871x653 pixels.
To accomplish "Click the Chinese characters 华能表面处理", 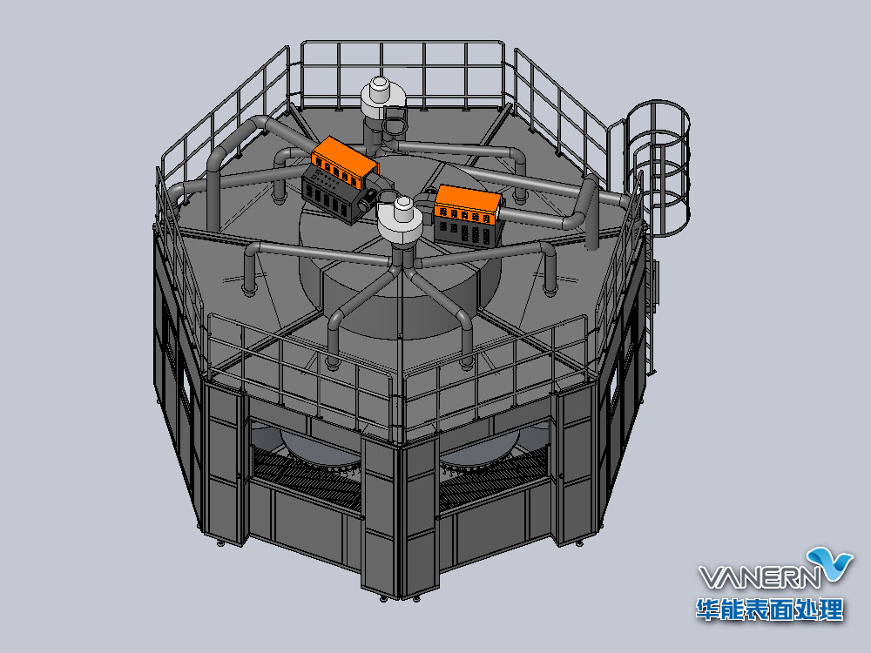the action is [770, 609].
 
